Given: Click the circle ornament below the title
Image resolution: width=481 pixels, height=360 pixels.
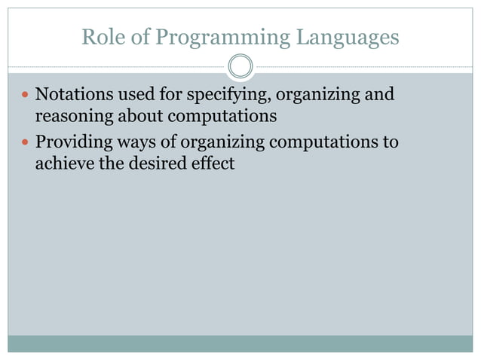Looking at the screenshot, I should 240,66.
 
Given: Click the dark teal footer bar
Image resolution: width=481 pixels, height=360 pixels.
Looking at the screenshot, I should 240,343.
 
